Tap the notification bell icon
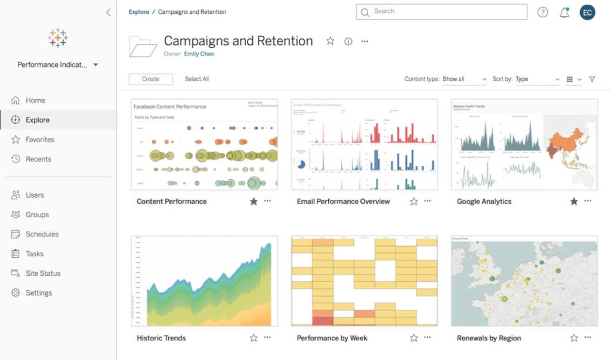pos(564,13)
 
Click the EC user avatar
pos(587,13)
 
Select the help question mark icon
pos(542,13)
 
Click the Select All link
pos(196,79)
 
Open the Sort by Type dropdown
pos(537,79)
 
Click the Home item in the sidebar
pos(35,100)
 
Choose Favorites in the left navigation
pos(39,140)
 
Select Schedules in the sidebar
pos(42,234)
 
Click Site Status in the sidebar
pos(43,273)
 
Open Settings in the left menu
pos(39,293)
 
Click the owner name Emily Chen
pos(199,54)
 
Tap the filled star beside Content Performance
pos(254,202)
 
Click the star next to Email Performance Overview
pos(413,202)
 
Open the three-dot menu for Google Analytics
pos(588,201)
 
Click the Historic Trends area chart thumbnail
pos(204,281)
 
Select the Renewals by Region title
pos(489,338)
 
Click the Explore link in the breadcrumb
pos(139,12)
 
